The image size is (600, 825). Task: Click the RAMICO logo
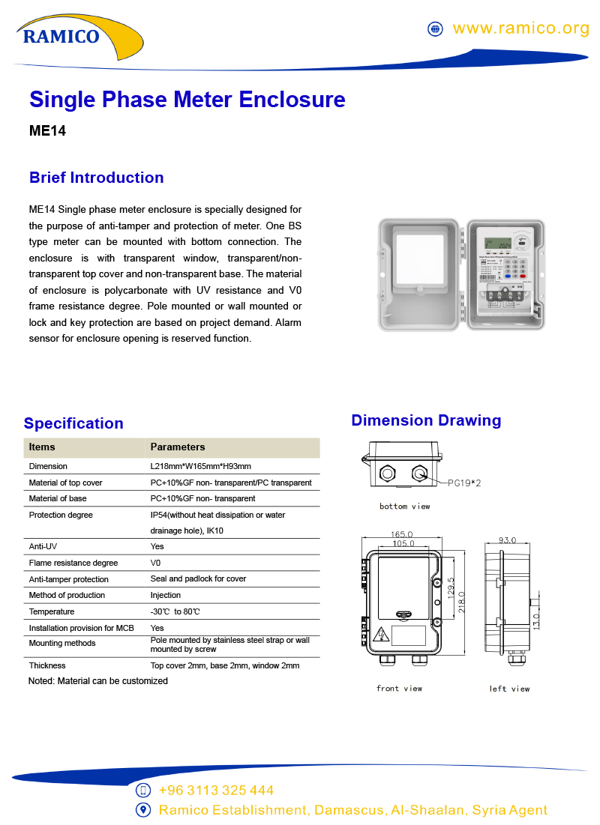click(x=61, y=35)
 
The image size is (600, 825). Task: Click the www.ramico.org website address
click(x=520, y=28)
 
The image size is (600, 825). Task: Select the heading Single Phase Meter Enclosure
click(x=187, y=100)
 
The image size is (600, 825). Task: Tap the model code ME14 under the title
click(x=47, y=130)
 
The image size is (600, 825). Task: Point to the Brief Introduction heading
click(x=96, y=178)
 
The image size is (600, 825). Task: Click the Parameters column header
click(x=178, y=447)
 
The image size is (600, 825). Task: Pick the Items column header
click(x=42, y=447)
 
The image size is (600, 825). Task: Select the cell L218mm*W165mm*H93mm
click(x=200, y=466)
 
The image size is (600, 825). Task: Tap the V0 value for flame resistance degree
click(x=155, y=563)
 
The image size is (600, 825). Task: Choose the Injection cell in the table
click(x=165, y=595)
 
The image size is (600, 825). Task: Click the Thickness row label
click(x=47, y=665)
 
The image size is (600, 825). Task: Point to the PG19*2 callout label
click(x=464, y=483)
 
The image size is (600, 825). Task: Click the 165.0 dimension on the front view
click(x=401, y=534)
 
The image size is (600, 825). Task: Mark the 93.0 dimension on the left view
click(x=507, y=540)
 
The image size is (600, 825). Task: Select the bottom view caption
click(x=404, y=507)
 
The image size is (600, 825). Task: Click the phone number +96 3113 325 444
click(x=216, y=791)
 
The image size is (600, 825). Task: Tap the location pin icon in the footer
click(x=143, y=810)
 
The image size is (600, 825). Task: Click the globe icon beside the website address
click(x=435, y=28)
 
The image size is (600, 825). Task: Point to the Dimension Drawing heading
click(x=426, y=420)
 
